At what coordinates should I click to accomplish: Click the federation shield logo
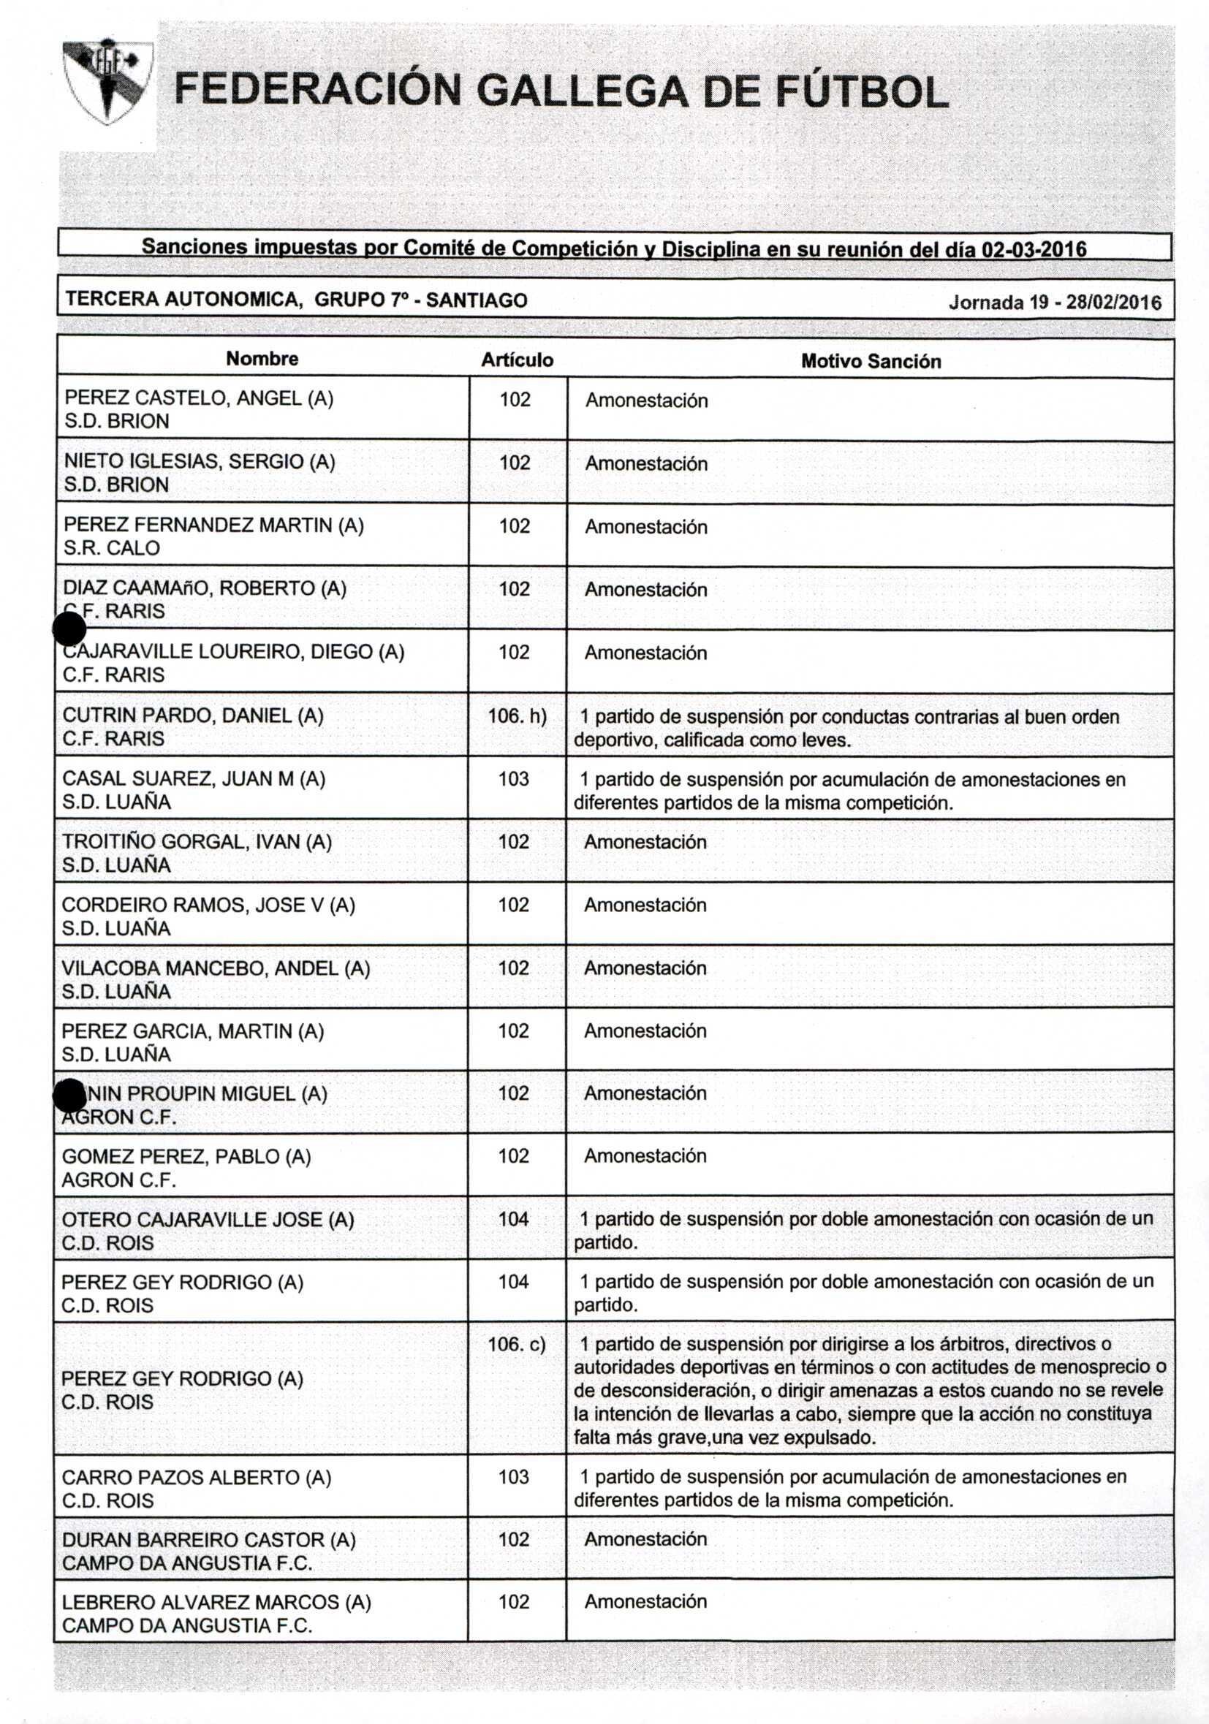108,81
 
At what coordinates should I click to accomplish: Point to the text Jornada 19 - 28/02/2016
1054,303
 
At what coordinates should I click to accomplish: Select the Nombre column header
262,359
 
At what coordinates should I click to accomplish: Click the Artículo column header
518,360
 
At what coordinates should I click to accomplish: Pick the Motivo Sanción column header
871,361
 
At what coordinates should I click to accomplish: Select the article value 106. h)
517,715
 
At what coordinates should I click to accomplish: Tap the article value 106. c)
517,1344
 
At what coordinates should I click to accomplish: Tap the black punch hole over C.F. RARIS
70,629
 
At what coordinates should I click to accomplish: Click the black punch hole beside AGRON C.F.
70,1095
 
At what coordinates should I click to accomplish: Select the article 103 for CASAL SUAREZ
514,778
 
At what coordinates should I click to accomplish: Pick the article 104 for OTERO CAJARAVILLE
514,1219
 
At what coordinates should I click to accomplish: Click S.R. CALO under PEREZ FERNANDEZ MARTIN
112,548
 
